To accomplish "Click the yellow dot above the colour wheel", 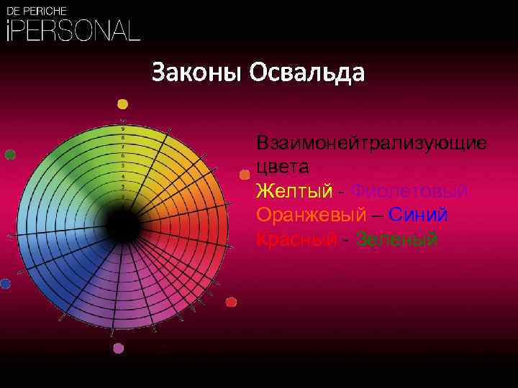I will point(123,103).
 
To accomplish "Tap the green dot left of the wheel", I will point(10,154).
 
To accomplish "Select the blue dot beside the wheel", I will point(6,284).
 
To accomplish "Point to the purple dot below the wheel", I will point(119,348).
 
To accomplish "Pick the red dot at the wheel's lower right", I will point(231,302).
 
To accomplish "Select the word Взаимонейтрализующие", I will point(371,143).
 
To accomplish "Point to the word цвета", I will point(283,168).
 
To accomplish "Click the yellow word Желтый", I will point(294,191).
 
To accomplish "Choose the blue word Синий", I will point(418,215).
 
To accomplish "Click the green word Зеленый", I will point(396,239).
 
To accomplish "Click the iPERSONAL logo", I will point(72,30).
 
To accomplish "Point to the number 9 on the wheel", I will point(123,128).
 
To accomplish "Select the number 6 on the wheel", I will point(123,155).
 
